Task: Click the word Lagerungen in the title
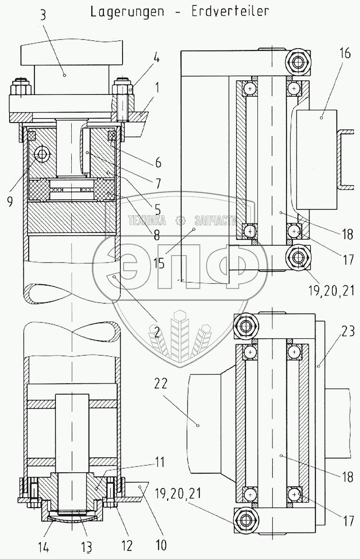pyautogui.click(x=127, y=12)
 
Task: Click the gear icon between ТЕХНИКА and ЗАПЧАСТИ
pyautogui.click(x=180, y=221)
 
